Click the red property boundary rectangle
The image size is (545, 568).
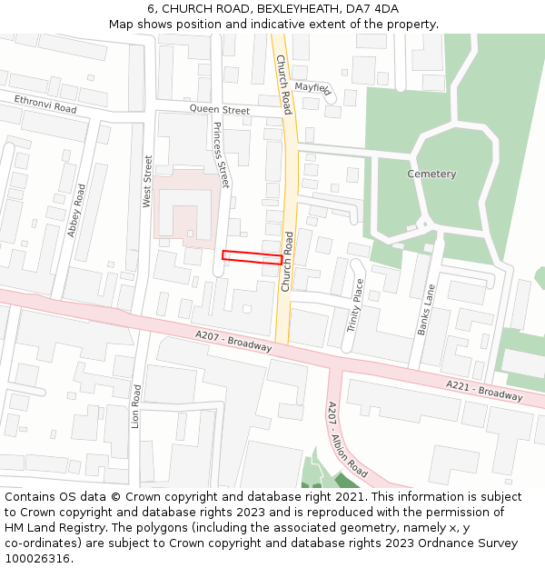[x=252, y=258]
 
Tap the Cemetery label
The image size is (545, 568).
[x=431, y=174]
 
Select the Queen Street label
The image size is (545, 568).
[x=219, y=111]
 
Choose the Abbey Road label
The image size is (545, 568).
[x=76, y=211]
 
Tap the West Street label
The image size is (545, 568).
[x=148, y=181]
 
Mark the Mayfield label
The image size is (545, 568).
[x=313, y=88]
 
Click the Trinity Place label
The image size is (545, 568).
[x=354, y=305]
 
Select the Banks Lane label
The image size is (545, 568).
[x=426, y=310]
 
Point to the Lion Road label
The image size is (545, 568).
[x=136, y=406]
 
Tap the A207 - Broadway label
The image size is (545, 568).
[x=233, y=341]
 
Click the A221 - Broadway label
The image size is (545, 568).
[x=484, y=391]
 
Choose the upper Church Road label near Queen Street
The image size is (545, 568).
[x=283, y=84]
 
